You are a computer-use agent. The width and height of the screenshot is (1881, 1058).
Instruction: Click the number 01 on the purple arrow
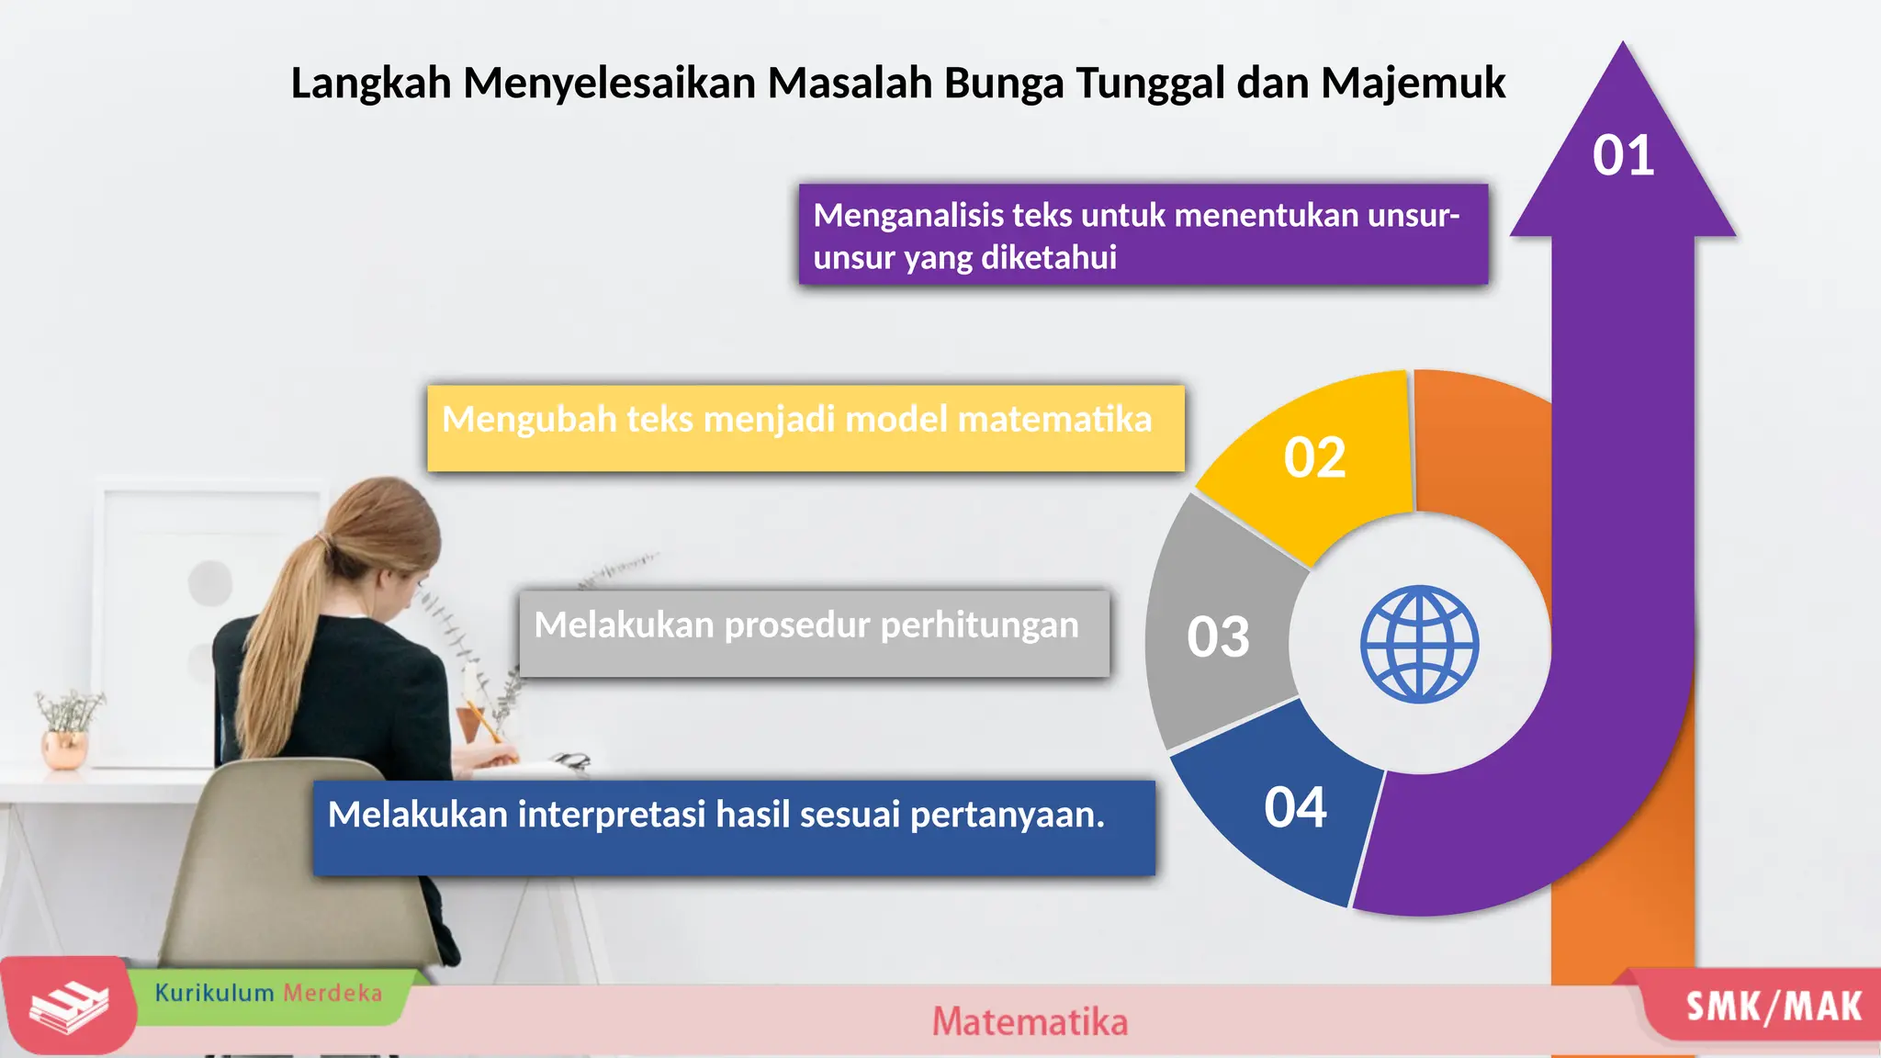pyautogui.click(x=1623, y=155)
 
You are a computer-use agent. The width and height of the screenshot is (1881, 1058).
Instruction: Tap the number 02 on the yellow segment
pyautogui.click(x=1314, y=457)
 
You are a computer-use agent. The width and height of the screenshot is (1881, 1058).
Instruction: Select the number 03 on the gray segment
pyautogui.click(x=1218, y=636)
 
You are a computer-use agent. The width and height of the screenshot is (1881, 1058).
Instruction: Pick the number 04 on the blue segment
pyautogui.click(x=1295, y=807)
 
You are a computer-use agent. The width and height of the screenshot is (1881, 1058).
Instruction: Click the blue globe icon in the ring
pyautogui.click(x=1419, y=644)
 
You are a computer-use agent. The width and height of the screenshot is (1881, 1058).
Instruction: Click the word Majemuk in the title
pyautogui.click(x=1413, y=83)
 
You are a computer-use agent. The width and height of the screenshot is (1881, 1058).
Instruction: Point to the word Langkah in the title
pyautogui.click(x=371, y=83)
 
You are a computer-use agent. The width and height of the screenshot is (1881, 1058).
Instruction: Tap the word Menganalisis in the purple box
pyautogui.click(x=908, y=215)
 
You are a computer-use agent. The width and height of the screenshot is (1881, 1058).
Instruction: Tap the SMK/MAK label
pyautogui.click(x=1773, y=1007)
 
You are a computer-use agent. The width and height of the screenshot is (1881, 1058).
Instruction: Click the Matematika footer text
pyautogui.click(x=1030, y=1021)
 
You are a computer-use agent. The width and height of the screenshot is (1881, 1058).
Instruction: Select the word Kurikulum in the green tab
pyautogui.click(x=214, y=993)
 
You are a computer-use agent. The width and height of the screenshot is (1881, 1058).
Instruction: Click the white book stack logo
pyautogui.click(x=69, y=1006)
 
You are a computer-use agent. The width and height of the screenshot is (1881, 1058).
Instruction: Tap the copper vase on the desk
pyautogui.click(x=65, y=748)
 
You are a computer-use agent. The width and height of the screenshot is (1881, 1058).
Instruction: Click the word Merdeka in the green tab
pyautogui.click(x=332, y=993)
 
